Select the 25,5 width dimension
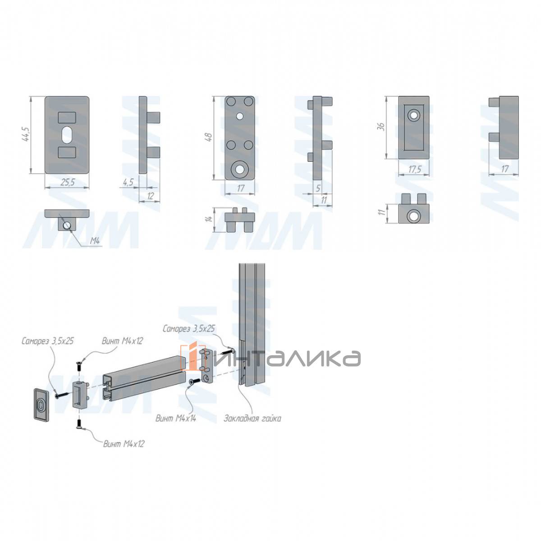coord(68,183)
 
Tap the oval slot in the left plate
coord(67,135)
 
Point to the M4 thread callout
coord(95,241)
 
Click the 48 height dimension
coord(210,137)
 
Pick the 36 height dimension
coord(381,127)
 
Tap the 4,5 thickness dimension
coord(128,183)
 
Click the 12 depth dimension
coord(151,196)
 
